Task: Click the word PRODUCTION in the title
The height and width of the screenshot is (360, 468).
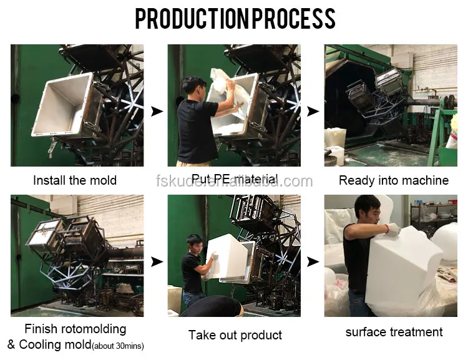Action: [191, 19]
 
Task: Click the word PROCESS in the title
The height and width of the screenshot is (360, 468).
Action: [292, 19]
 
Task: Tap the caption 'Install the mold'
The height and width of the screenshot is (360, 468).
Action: [75, 181]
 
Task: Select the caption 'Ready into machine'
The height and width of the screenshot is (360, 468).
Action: [393, 181]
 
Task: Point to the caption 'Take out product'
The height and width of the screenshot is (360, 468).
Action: [235, 335]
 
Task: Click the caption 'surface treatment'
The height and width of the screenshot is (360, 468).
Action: [394, 332]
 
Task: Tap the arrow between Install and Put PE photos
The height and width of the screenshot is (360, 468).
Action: [157, 111]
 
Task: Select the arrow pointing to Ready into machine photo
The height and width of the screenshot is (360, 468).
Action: [313, 111]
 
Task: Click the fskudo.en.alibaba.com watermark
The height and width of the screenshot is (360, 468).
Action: [234, 182]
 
